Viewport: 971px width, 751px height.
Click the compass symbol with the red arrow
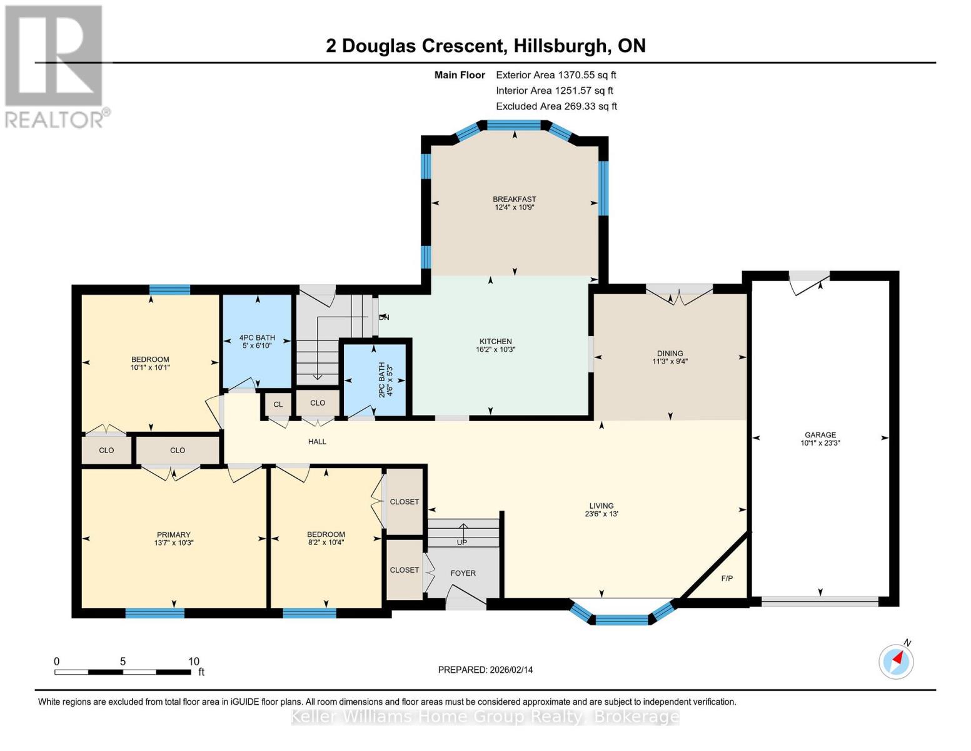point(896,661)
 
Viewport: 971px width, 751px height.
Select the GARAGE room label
point(820,435)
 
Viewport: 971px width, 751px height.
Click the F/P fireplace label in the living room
point(727,578)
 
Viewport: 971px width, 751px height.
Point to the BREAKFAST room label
point(514,199)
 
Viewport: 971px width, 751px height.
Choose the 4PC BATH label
point(257,337)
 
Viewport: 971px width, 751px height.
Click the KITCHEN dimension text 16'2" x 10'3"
point(495,350)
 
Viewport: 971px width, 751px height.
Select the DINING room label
point(670,353)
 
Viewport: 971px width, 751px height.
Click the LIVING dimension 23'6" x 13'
point(601,514)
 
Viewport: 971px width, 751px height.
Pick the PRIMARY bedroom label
point(173,534)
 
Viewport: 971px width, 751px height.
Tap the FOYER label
point(463,573)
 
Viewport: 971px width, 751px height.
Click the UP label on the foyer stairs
point(461,542)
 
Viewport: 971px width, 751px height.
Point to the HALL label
point(317,441)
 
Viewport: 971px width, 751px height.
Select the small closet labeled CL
point(278,404)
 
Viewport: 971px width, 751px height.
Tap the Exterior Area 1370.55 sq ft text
point(556,74)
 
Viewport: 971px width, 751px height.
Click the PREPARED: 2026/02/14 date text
point(485,670)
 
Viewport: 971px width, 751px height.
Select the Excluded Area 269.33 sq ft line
point(556,106)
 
